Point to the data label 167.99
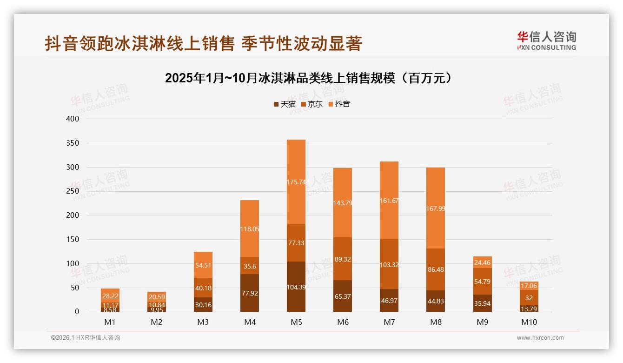(435, 208)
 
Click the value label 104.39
(296, 287)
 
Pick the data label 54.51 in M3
(203, 265)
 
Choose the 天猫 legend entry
(285, 104)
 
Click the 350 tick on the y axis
(73, 143)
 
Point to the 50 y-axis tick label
(75, 288)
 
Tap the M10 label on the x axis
(529, 322)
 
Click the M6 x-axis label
(343, 322)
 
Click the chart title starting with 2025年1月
(309, 78)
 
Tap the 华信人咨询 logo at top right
(546, 40)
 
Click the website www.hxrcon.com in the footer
(540, 338)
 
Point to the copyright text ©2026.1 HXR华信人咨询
(86, 338)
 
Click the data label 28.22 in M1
(110, 296)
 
